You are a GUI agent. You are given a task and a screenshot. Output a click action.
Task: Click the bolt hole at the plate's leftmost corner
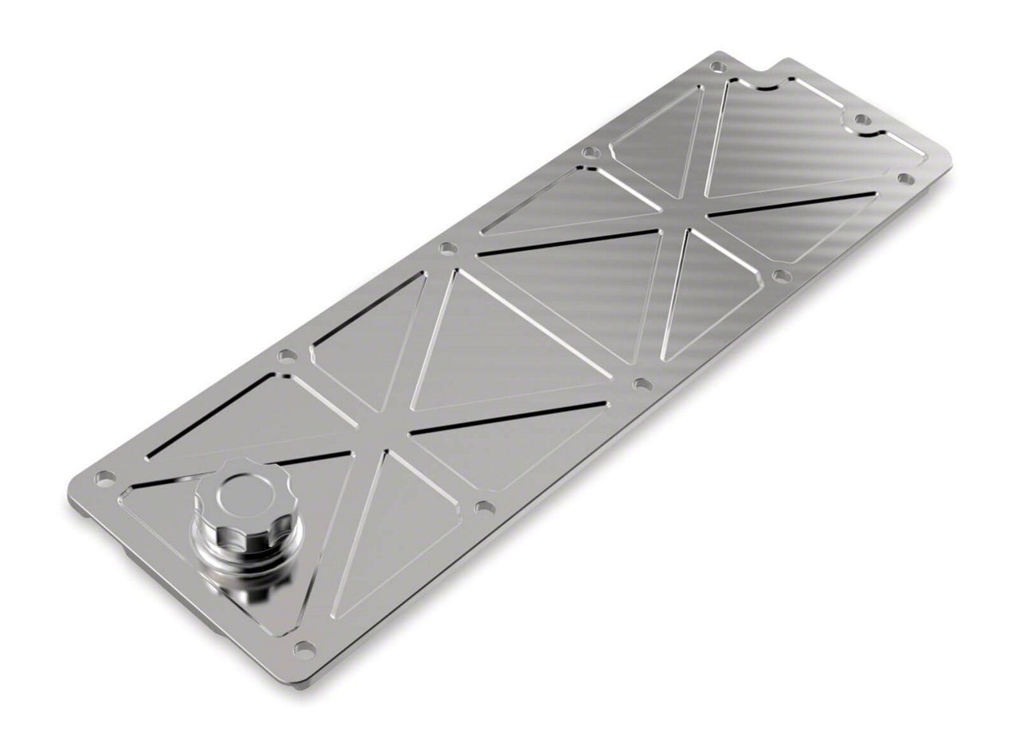(x=104, y=478)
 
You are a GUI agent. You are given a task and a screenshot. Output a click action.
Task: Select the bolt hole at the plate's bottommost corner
(x=304, y=649)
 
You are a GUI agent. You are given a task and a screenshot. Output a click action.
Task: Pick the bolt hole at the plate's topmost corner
(x=718, y=67)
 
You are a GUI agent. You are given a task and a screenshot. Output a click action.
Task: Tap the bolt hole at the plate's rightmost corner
(x=905, y=178)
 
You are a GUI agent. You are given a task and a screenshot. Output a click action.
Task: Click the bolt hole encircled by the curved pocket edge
(x=862, y=119)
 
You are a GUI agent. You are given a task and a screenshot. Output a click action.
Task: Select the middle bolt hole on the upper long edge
(x=448, y=248)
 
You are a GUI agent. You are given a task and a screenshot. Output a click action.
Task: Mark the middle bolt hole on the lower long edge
(x=642, y=385)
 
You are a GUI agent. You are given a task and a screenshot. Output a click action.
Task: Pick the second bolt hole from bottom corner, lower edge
(x=484, y=507)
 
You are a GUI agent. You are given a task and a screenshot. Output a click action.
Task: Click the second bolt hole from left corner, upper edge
(x=287, y=356)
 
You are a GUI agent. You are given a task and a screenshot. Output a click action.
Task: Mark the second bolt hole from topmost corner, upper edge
(x=590, y=152)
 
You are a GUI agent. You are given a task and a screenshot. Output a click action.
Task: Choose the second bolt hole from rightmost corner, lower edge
(x=782, y=275)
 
